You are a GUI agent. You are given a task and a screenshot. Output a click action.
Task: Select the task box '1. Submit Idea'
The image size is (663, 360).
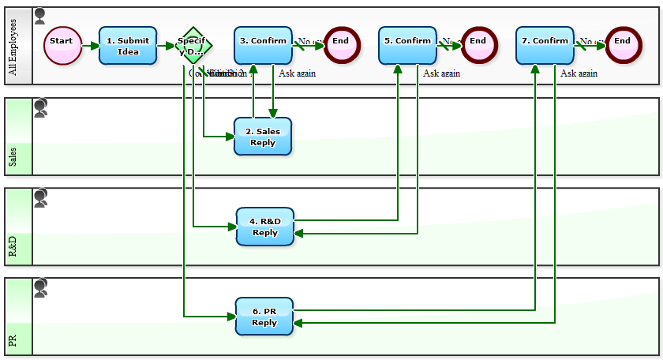(x=128, y=46)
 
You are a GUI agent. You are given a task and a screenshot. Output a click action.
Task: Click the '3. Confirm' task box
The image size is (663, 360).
(x=263, y=46)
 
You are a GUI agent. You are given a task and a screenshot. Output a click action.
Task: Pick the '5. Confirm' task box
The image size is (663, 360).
(x=407, y=46)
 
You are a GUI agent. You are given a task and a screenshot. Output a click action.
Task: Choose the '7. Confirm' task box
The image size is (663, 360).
(x=545, y=46)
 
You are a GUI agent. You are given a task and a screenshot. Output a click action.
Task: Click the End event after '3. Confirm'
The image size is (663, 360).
(x=341, y=46)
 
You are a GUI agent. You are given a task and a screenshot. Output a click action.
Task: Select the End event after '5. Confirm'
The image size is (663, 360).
(x=479, y=46)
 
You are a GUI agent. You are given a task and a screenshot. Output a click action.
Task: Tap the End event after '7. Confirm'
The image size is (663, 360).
(x=624, y=46)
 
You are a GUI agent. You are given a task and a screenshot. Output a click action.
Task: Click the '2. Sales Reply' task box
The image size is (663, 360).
(x=263, y=137)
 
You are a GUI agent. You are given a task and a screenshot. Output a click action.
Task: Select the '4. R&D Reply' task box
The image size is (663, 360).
(x=265, y=227)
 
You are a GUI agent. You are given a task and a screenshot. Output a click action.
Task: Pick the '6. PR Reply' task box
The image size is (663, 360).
(x=264, y=317)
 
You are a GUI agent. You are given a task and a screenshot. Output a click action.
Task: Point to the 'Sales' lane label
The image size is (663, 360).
(x=13, y=156)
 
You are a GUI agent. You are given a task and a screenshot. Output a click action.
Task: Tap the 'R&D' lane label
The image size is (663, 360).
(x=13, y=246)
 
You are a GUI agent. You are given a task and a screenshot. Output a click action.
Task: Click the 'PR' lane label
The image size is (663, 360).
(x=13, y=341)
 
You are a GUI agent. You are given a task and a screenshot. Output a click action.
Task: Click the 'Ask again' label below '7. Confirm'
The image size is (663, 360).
(x=579, y=73)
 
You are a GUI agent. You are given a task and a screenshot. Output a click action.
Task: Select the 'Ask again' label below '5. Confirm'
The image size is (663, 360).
(x=441, y=73)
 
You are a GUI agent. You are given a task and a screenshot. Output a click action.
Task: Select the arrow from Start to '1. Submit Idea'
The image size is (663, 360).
(x=90, y=46)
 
